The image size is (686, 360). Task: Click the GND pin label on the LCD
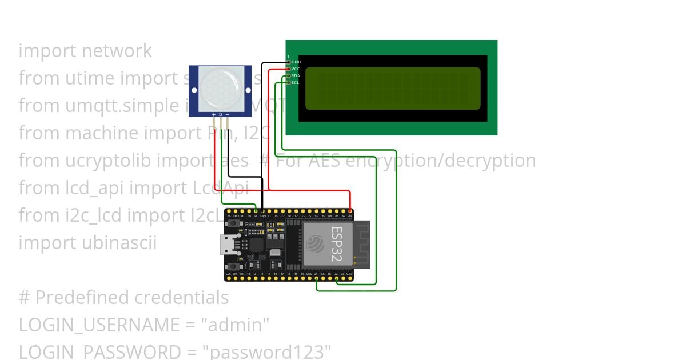point(296,62)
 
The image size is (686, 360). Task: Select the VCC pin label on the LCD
point(296,69)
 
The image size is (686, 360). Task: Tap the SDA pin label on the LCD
point(296,75)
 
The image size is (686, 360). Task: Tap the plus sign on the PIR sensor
point(214,114)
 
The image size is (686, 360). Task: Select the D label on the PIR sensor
point(220,114)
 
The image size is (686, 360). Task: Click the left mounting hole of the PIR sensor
point(194,90)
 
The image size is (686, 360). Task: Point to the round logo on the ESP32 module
point(316,244)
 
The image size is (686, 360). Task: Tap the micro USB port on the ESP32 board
point(230,245)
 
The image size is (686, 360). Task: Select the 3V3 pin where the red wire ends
point(350,211)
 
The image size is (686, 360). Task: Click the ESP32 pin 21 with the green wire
point(317,279)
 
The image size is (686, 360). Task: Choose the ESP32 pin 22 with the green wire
point(337,279)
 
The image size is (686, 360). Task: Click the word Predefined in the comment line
point(82,298)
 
